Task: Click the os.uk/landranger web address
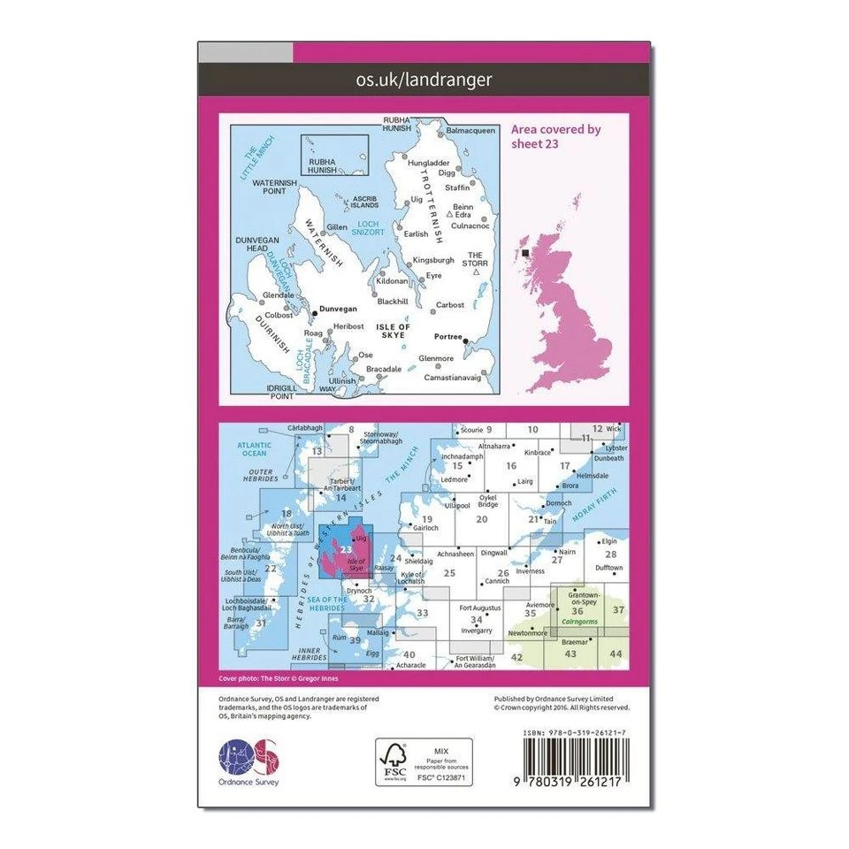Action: (x=424, y=80)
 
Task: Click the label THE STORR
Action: (x=478, y=257)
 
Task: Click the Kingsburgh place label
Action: (x=434, y=261)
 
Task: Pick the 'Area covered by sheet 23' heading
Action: (x=555, y=136)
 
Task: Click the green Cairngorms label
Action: (x=581, y=622)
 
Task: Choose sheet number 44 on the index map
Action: (x=616, y=653)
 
